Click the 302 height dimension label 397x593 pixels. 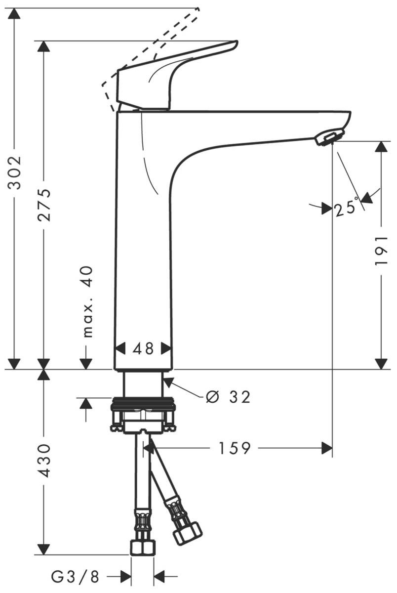(x=16, y=172)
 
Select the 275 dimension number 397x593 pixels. (x=44, y=204)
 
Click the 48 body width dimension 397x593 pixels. (x=143, y=348)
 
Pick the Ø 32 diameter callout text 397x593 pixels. (x=228, y=396)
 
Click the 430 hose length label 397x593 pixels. (x=44, y=460)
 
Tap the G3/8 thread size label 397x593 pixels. (x=76, y=576)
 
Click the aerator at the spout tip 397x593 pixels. (x=328, y=137)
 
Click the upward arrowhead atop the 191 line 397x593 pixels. (x=381, y=147)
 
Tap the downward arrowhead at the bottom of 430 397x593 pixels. (x=44, y=549)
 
